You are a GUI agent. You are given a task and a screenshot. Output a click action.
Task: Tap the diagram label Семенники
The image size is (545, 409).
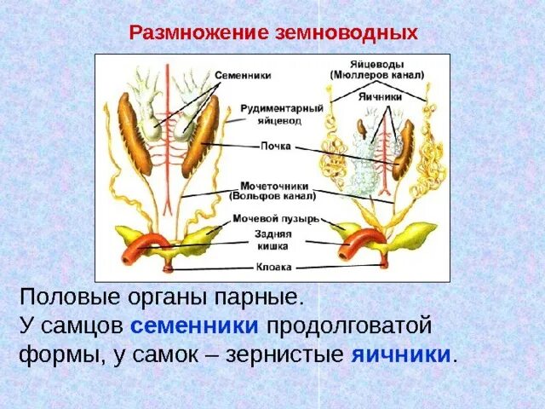(243, 75)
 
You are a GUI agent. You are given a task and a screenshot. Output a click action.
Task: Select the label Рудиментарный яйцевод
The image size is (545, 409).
(269, 115)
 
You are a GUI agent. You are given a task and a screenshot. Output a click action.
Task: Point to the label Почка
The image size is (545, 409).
(277, 146)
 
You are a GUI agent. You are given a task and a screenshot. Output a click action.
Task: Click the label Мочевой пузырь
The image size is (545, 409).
(277, 218)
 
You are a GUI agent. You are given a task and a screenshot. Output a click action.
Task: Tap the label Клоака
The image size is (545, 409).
(274, 267)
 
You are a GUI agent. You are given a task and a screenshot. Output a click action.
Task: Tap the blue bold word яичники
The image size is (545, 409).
(401, 354)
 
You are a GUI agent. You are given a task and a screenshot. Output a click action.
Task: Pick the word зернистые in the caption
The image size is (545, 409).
(285, 354)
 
